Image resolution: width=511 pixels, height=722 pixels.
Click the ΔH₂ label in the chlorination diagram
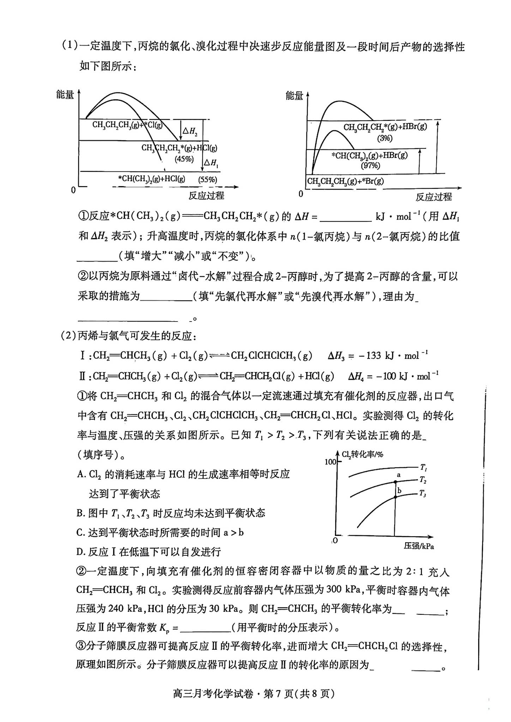point(190,131)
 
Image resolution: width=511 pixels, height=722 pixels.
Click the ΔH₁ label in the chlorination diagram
point(211,163)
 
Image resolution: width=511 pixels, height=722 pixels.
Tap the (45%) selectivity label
point(184,159)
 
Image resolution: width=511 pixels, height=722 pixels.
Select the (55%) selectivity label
point(208,179)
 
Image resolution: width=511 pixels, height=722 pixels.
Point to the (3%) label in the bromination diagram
point(385,138)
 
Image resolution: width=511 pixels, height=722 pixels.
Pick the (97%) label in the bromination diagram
point(370,165)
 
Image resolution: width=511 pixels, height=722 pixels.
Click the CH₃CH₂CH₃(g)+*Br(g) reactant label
point(345,182)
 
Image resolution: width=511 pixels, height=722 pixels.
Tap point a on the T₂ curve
point(395,482)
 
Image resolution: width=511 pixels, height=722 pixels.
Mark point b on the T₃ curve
point(395,497)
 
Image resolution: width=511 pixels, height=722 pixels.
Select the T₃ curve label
point(423,494)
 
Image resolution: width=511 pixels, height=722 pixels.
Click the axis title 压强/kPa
point(419,546)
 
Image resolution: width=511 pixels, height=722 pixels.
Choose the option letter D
point(80,552)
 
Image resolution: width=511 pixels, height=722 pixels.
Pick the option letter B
point(80,513)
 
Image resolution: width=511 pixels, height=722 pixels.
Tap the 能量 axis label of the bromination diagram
point(294,96)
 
